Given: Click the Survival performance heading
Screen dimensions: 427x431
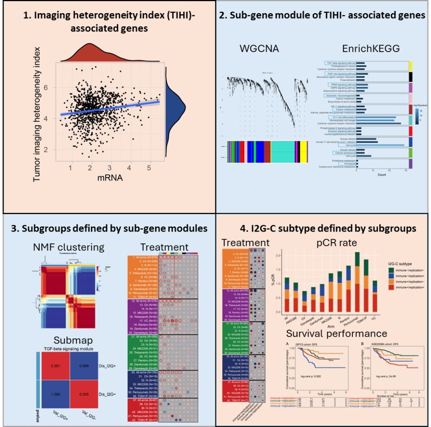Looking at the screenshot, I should coord(335,333).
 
